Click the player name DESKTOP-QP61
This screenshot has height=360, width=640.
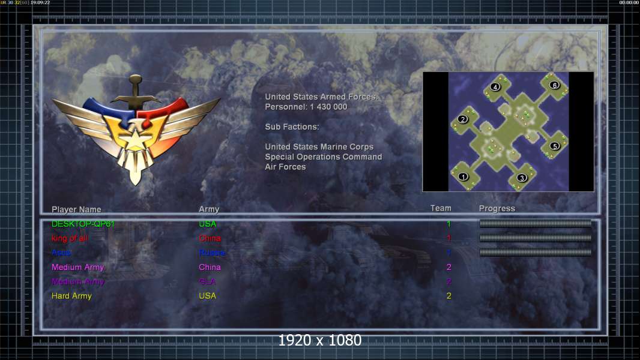[83, 224]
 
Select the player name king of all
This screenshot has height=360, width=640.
[70, 238]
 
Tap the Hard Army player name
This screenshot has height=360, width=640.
[71, 296]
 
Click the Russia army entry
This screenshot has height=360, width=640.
[212, 253]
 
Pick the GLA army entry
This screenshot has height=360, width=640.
[207, 281]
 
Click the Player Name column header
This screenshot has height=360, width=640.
[76, 209]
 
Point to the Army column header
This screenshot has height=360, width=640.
[209, 209]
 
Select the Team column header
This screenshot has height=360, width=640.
[441, 208]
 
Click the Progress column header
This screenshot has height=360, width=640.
[497, 208]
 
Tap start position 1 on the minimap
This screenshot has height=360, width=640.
[463, 176]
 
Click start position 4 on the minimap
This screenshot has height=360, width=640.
[495, 87]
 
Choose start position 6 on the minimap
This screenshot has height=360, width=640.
[555, 85]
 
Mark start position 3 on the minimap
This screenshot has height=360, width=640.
[522, 178]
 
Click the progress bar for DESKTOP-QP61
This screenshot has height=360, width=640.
[536, 224]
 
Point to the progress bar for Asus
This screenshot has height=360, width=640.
[536, 253]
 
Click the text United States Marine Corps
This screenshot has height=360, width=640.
[319, 147]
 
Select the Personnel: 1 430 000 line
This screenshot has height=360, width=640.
[306, 107]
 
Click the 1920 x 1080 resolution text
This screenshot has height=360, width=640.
[320, 340]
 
